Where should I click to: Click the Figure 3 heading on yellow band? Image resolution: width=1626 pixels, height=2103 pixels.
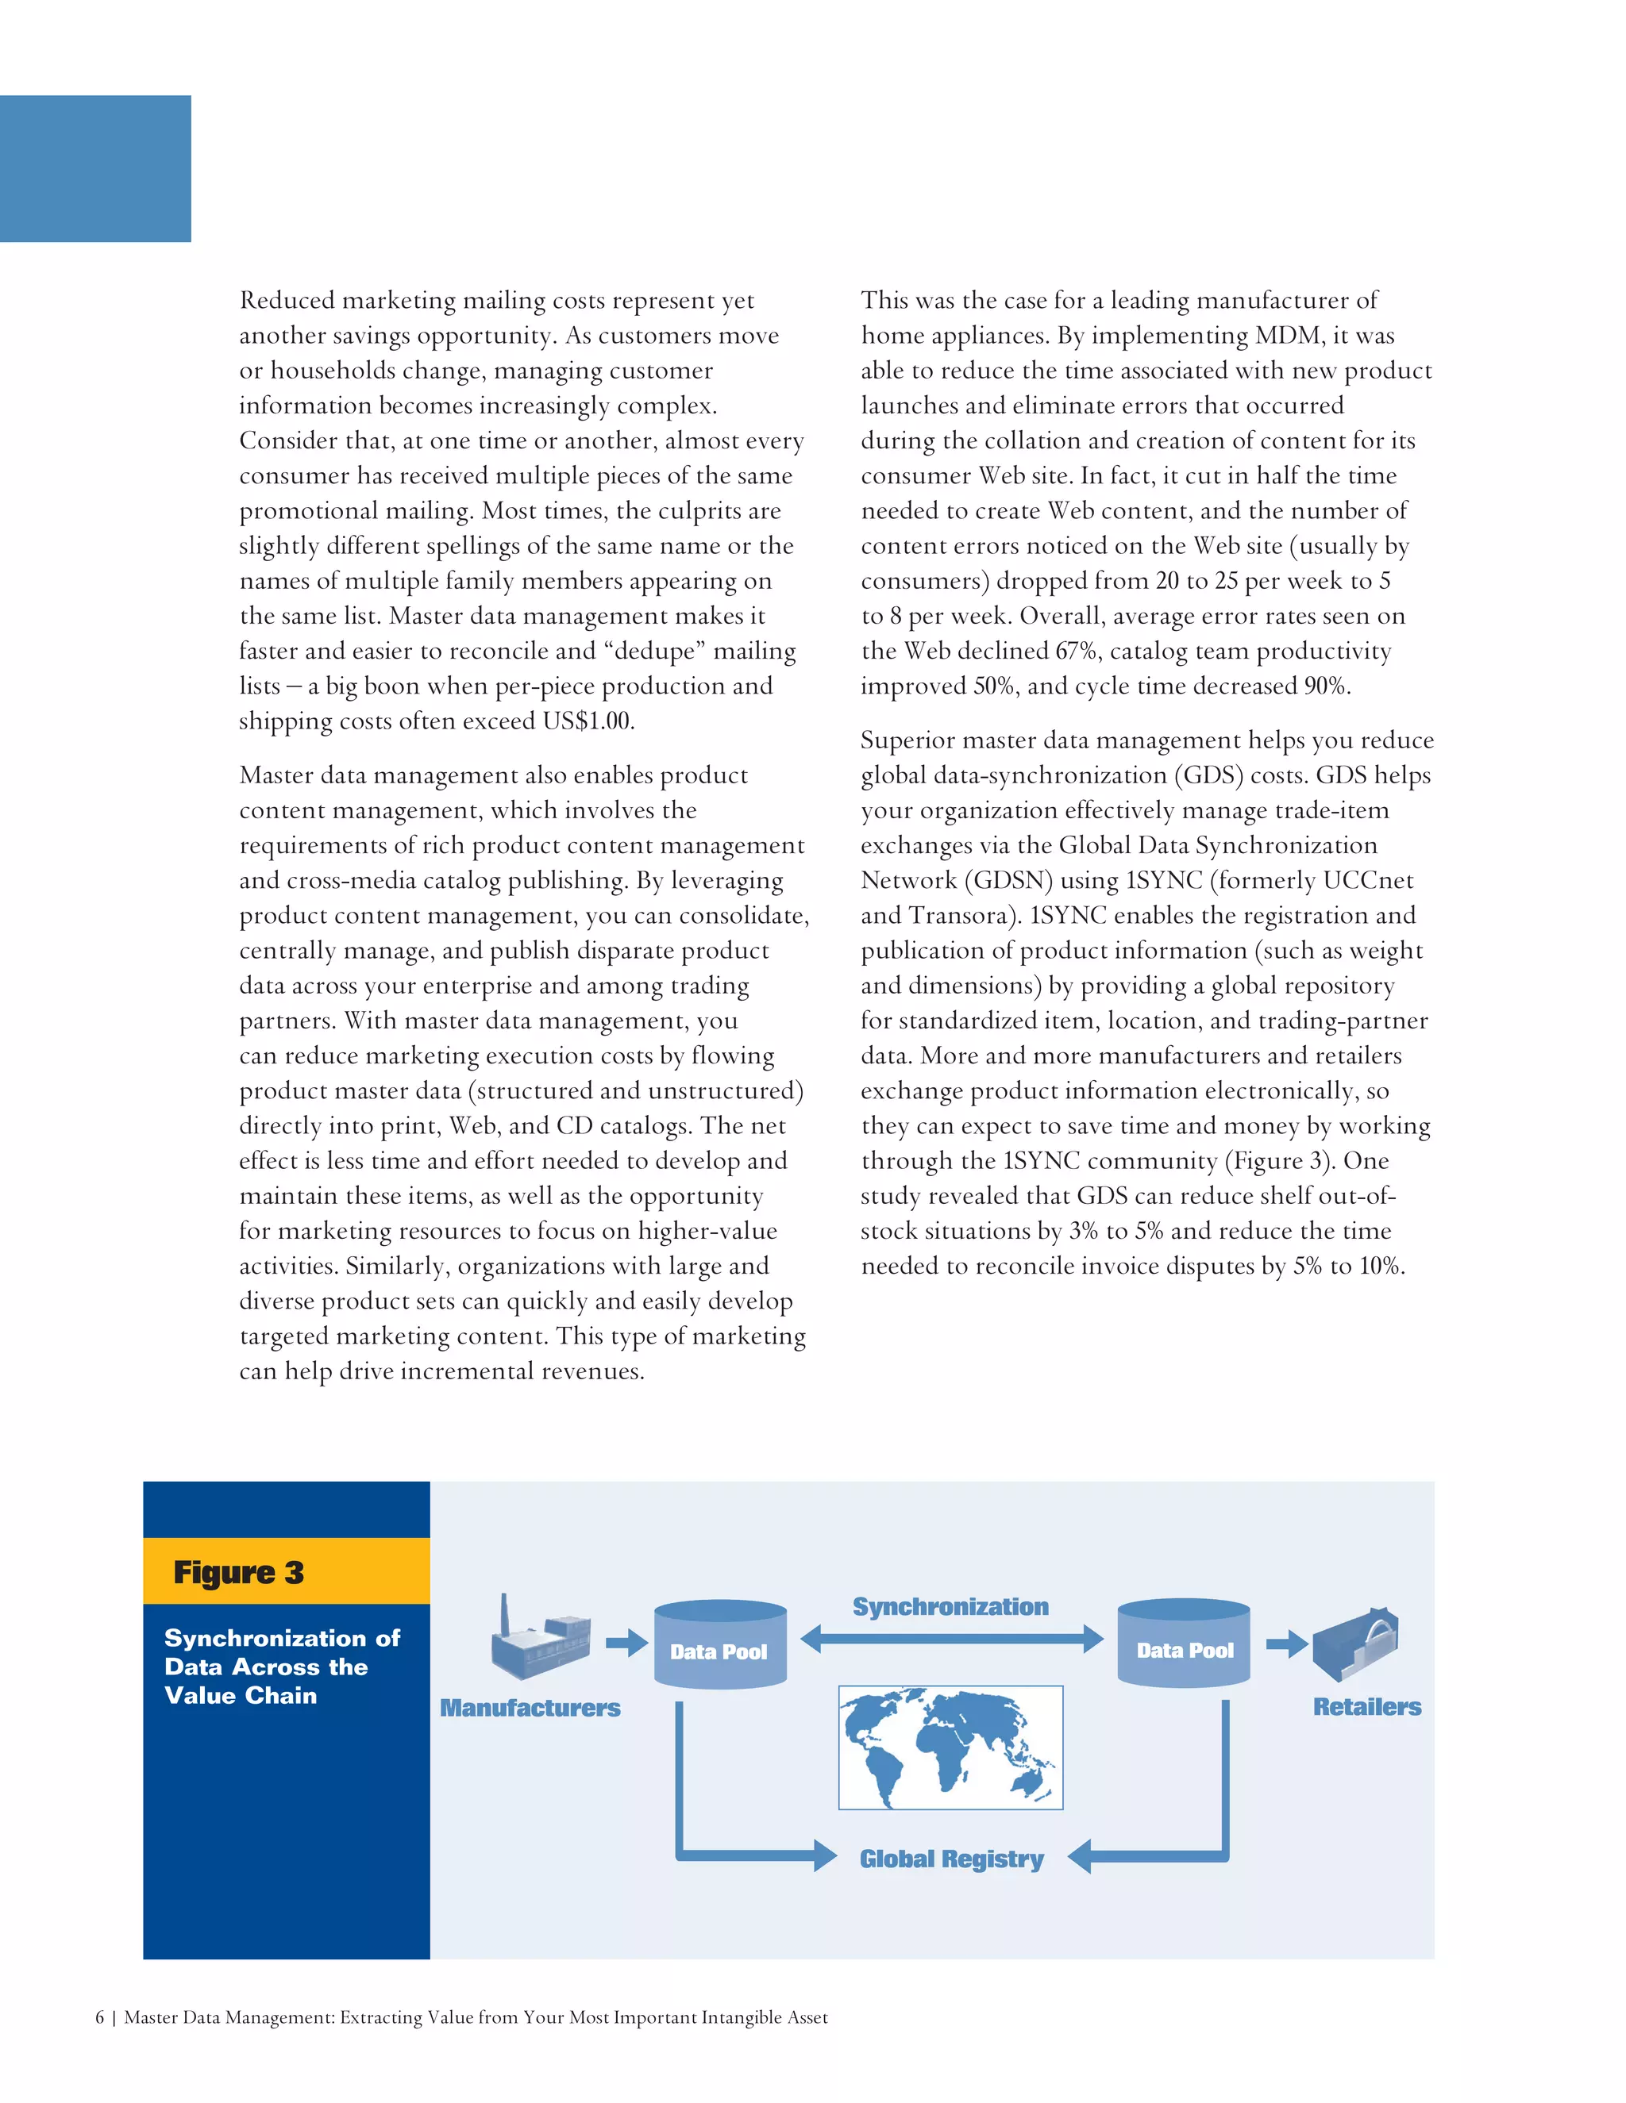tap(239, 1572)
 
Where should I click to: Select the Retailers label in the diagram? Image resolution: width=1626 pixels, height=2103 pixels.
tap(1367, 1706)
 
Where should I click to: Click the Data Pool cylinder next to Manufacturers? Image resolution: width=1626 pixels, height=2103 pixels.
tap(719, 1644)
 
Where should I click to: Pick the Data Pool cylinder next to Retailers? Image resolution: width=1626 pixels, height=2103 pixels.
tap(1184, 1644)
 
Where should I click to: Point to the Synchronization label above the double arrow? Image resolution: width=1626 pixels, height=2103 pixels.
tap(950, 1606)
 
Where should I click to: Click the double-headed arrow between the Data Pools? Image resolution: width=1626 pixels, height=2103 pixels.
tap(952, 1638)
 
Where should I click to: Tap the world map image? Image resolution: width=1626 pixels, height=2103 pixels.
tap(950, 1747)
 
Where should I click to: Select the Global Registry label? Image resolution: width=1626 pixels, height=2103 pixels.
tap(952, 1859)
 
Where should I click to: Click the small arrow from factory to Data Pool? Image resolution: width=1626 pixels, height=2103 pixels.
tap(626, 1642)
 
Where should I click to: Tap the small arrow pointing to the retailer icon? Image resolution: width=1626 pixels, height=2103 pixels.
tap(1285, 1643)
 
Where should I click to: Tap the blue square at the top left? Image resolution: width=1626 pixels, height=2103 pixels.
tap(95, 168)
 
